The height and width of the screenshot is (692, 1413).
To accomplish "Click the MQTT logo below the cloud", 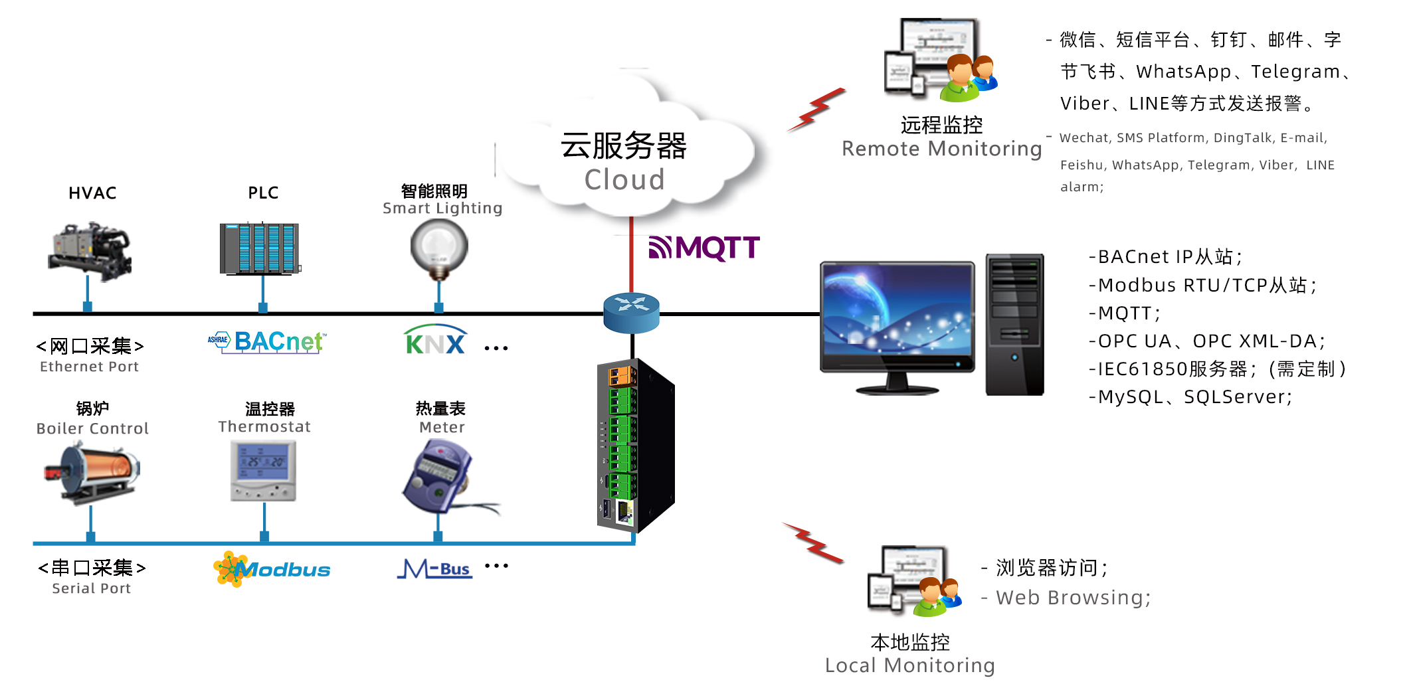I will [704, 248].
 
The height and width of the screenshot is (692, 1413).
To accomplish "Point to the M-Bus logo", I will [435, 569].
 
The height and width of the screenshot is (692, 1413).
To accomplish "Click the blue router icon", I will [631, 311].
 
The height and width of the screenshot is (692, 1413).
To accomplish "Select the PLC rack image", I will [260, 248].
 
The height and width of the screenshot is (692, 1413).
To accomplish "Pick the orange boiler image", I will [92, 472].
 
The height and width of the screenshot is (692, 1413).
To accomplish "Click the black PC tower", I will [1014, 324].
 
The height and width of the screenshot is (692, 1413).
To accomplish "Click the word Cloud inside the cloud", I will [624, 179].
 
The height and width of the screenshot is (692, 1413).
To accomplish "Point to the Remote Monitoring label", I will [941, 149].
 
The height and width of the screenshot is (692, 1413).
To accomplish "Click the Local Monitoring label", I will [909, 665].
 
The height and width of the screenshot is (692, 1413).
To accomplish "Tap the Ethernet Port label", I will [89, 367].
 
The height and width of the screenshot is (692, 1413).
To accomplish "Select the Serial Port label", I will [91, 588].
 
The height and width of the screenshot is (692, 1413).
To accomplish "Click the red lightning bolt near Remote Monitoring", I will [816, 110].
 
